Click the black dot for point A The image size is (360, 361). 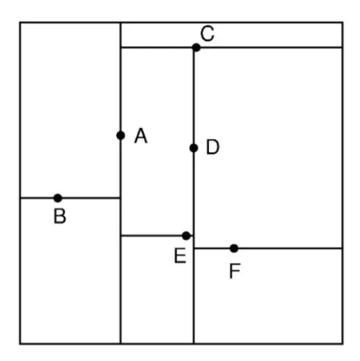[x=120, y=136]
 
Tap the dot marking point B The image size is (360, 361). [x=57, y=198]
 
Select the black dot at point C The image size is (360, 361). [x=196, y=48]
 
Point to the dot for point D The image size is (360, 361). [x=194, y=148]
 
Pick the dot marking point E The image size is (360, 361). [x=186, y=236]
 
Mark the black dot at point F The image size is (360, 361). [x=234, y=248]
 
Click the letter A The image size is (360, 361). [x=141, y=136]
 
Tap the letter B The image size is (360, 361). [x=60, y=216]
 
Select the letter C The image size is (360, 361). [x=207, y=34]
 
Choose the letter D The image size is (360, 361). [x=213, y=147]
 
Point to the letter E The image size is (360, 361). [x=180, y=256]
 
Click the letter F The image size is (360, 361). [x=235, y=271]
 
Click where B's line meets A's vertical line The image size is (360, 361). [x=120, y=198]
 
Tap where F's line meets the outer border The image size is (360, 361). [x=342, y=248]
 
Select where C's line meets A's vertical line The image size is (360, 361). [x=120, y=48]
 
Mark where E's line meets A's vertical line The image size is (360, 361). [x=120, y=236]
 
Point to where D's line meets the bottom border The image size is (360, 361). [x=194, y=344]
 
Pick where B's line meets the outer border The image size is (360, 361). [x=20, y=198]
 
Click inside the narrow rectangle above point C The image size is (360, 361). [x=231, y=35]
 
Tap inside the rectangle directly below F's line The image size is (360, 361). [x=268, y=296]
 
